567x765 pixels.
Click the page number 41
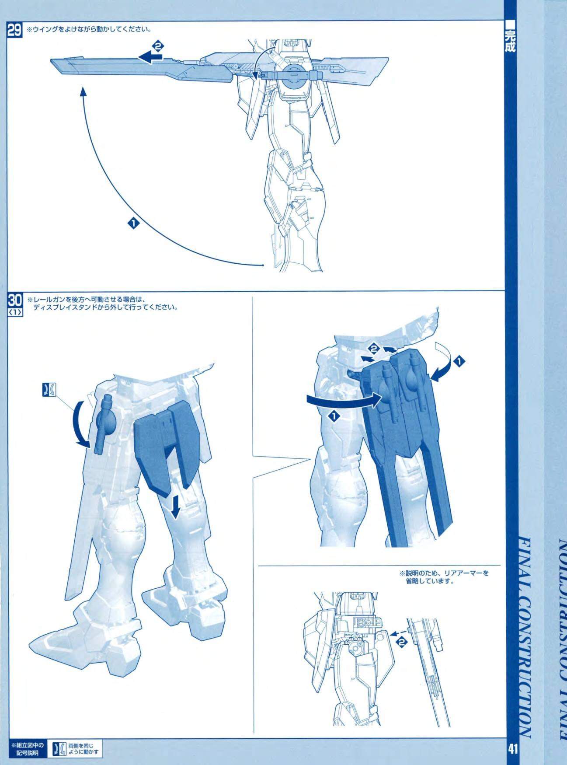pos(512,748)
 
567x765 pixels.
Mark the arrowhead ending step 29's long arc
pos(82,91)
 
